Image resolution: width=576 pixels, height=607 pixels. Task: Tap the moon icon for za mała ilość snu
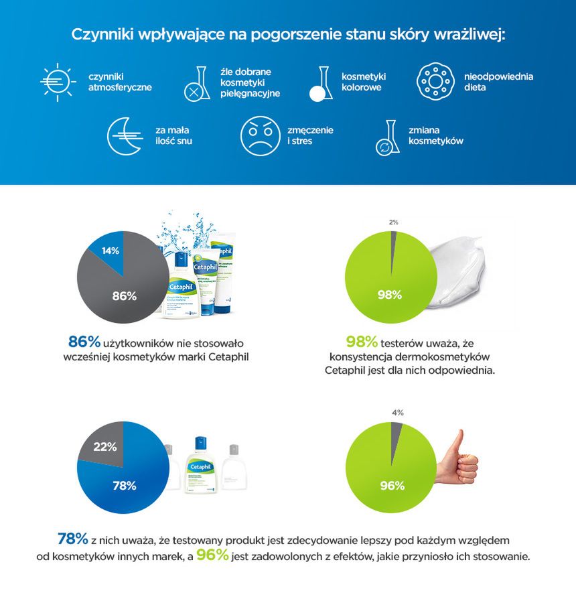click(x=126, y=135)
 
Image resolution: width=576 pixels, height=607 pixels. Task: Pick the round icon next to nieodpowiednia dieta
click(x=435, y=82)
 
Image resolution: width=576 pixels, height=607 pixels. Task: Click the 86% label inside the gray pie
click(x=124, y=295)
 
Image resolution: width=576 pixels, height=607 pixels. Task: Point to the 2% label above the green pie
click(x=393, y=222)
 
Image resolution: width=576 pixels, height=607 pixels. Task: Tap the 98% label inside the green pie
click(x=389, y=295)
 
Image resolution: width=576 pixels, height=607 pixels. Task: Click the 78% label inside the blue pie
click(x=124, y=486)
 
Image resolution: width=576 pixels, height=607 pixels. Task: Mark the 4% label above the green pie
click(x=397, y=413)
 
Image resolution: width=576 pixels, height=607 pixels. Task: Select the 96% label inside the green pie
click(x=392, y=486)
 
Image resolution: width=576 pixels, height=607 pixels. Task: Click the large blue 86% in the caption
click(x=84, y=340)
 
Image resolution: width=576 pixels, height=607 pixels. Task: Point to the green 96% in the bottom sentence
click(x=212, y=555)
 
